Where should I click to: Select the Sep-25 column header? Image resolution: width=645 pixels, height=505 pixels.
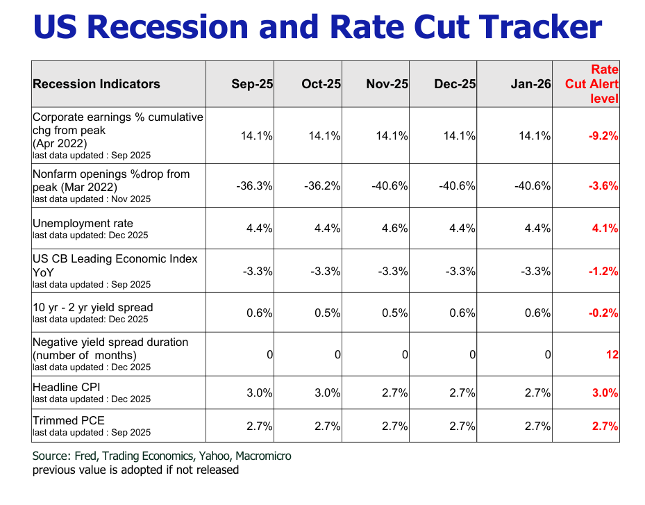[252, 84]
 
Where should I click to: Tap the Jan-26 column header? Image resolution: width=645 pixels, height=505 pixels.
[530, 84]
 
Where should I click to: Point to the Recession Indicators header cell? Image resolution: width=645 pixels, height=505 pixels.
[97, 84]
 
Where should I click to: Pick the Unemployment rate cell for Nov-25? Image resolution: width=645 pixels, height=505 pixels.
[394, 228]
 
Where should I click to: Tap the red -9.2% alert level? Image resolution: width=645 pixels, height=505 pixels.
[603, 136]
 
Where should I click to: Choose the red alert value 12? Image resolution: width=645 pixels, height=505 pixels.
[612, 354]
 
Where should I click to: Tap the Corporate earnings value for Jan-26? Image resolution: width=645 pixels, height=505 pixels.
[534, 136]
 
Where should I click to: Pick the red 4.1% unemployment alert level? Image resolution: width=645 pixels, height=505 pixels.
[605, 228]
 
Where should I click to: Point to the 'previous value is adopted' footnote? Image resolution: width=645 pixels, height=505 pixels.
[135, 470]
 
